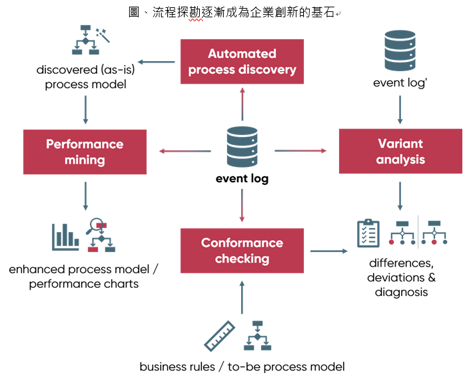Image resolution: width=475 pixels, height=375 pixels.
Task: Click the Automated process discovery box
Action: point(242,61)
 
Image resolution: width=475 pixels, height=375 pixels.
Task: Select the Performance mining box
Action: point(85,152)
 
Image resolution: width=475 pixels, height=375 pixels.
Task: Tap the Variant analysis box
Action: point(400,152)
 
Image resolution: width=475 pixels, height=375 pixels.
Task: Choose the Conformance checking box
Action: point(242,251)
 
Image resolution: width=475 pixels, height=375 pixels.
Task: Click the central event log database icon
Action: point(242,147)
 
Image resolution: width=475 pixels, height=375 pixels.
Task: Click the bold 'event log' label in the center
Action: point(242,179)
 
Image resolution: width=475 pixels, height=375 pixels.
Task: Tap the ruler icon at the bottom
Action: point(221,336)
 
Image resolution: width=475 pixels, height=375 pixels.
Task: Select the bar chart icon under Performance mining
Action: point(65,237)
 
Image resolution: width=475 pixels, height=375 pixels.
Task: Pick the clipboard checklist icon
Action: point(368,233)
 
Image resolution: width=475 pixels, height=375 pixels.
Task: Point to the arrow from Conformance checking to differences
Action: point(328,251)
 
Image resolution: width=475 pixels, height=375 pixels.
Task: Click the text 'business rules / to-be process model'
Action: point(242,366)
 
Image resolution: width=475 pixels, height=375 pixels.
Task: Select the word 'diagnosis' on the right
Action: point(400,292)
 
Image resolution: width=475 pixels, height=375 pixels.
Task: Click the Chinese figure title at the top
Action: point(237,12)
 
